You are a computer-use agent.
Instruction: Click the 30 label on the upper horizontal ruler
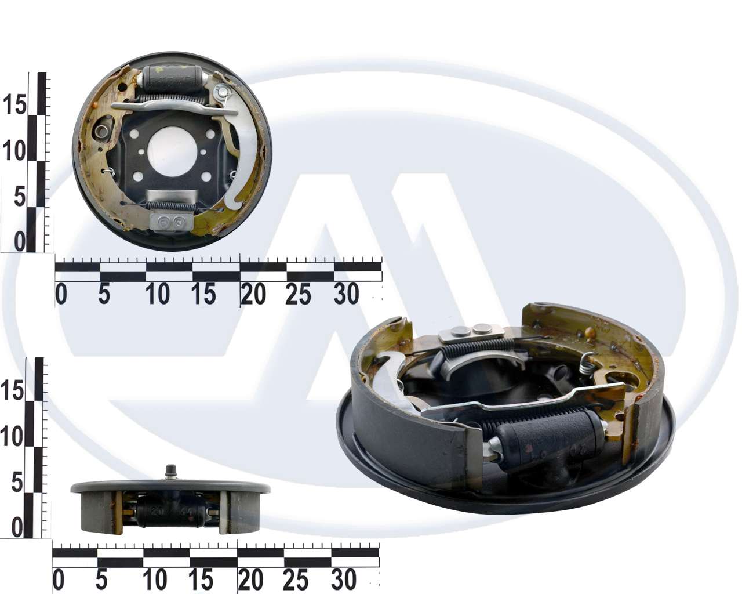click(x=346, y=294)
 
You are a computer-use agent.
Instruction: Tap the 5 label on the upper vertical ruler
click(x=20, y=197)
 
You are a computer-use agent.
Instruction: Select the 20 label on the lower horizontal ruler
click(x=250, y=580)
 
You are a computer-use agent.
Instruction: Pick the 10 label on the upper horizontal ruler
click(x=157, y=294)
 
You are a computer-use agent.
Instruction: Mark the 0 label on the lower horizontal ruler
click(x=59, y=580)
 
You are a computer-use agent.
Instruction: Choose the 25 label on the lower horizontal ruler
click(x=296, y=580)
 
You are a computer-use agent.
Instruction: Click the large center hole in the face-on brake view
click(x=172, y=152)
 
